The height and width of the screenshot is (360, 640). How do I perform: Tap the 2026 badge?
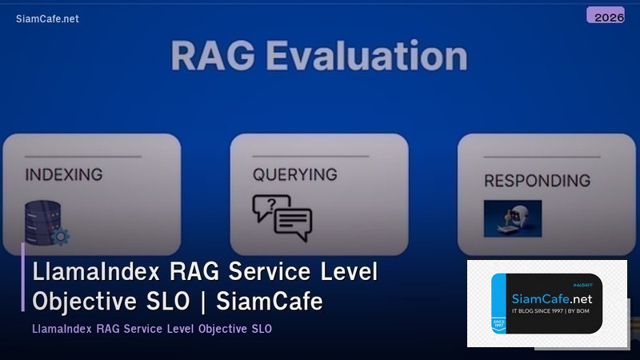coord(605,16)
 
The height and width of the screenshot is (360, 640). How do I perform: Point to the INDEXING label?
coord(63,174)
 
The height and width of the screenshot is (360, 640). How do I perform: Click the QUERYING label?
coord(294,174)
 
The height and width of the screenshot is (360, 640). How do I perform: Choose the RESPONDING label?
coord(537,180)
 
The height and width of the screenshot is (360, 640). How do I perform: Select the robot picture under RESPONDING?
coord(512,218)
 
